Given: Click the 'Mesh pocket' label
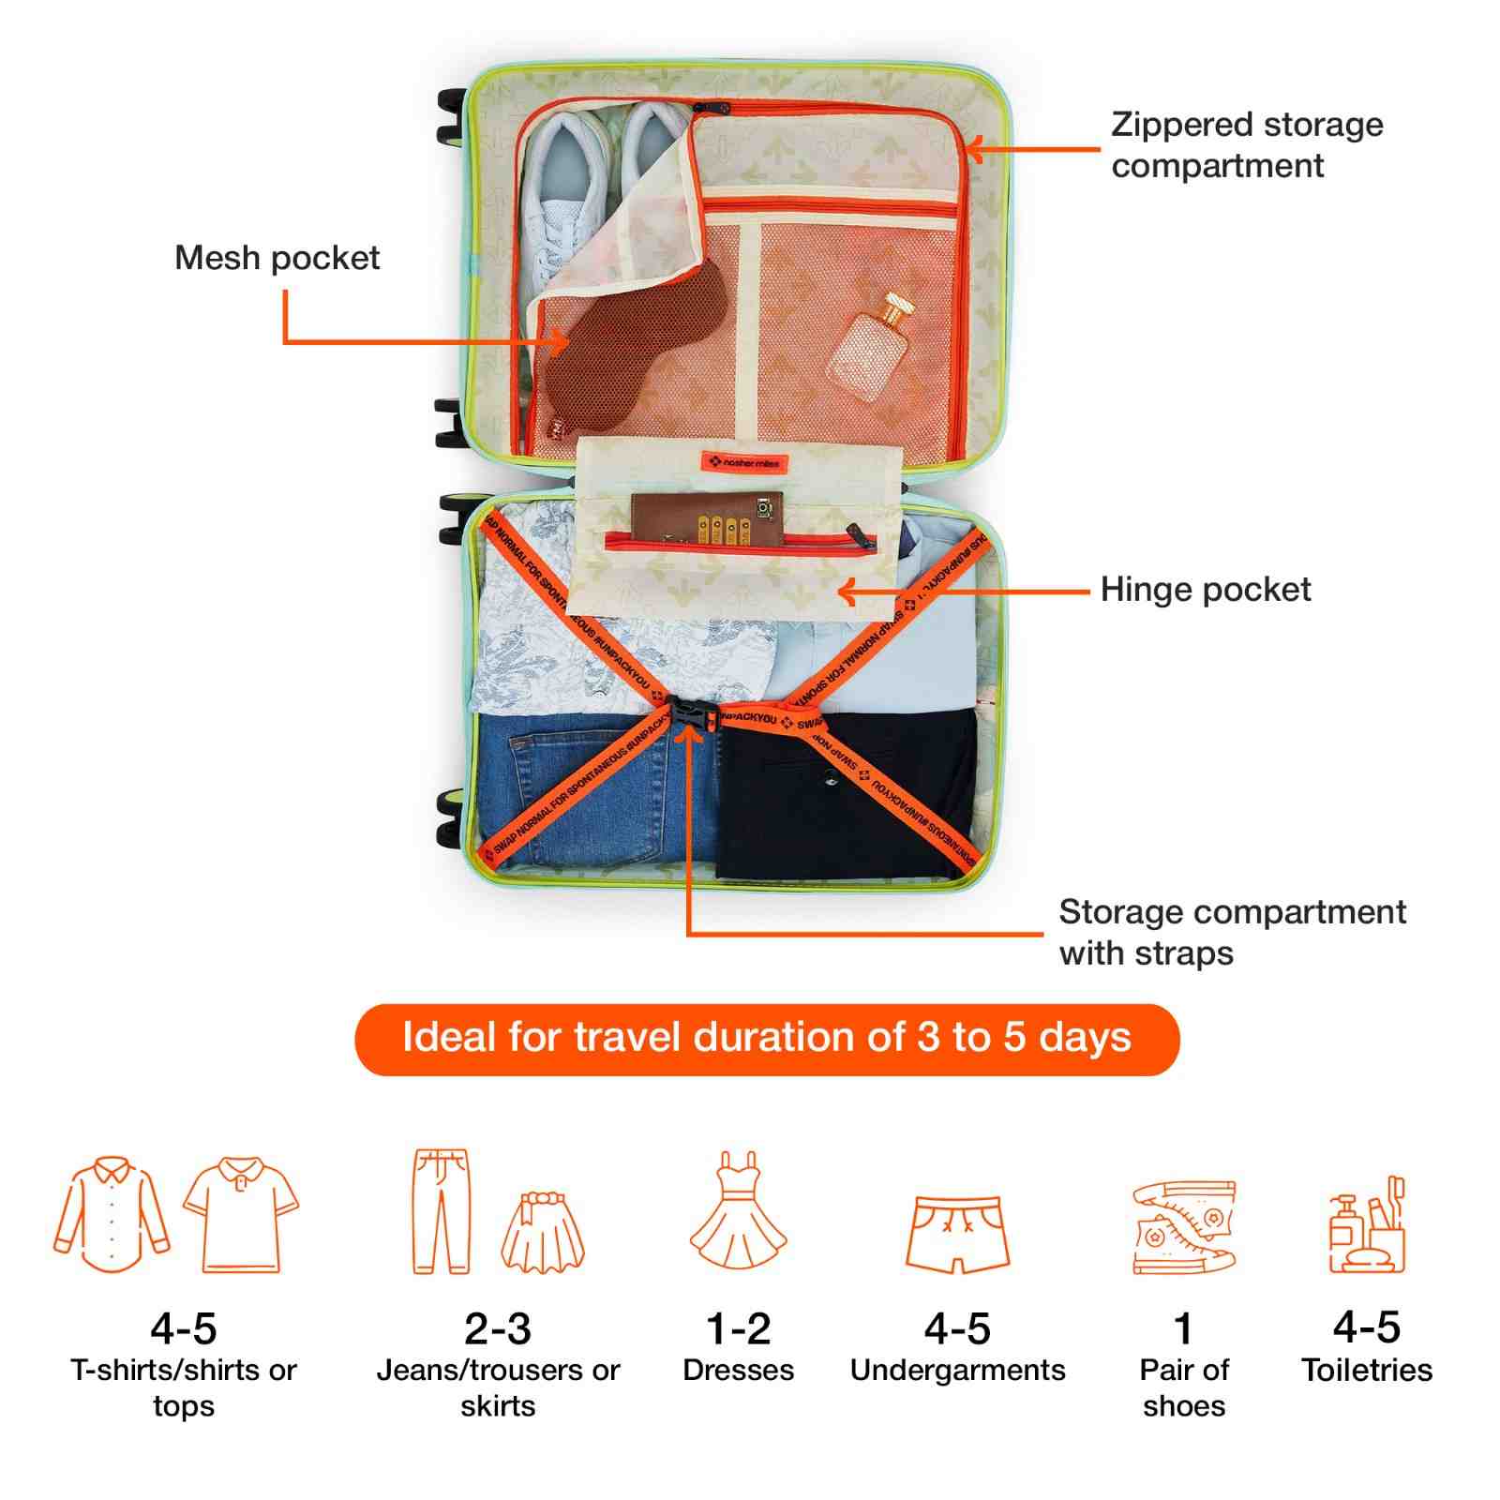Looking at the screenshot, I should (277, 258).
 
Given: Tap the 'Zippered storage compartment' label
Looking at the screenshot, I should (1246, 145).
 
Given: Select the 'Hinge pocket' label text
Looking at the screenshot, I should (1205, 590).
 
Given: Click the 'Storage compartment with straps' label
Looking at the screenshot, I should (1231, 932).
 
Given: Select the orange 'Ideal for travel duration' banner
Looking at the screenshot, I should (766, 1039).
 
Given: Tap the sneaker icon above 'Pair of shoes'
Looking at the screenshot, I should (1183, 1227).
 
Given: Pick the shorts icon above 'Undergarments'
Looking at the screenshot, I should (957, 1233).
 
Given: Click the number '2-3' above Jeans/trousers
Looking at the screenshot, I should (498, 1328).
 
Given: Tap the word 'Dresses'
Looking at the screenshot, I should (738, 1371).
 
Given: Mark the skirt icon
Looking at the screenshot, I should (543, 1232).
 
